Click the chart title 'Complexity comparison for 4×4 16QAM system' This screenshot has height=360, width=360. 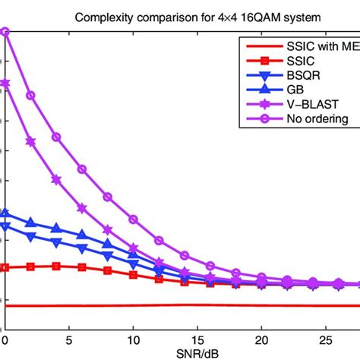(x=179, y=17)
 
